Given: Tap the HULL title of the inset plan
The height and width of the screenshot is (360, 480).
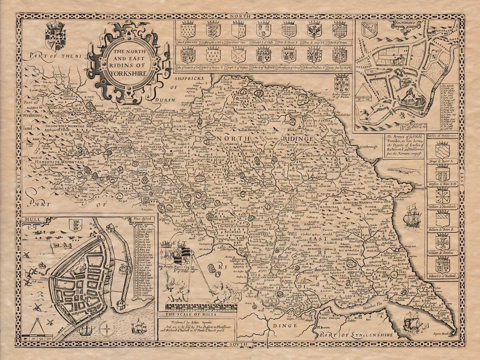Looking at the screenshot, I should coord(29,220).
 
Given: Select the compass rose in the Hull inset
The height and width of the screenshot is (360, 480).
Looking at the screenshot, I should coord(106,330).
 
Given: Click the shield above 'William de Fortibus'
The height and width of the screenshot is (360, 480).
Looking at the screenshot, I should coord(442,243).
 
